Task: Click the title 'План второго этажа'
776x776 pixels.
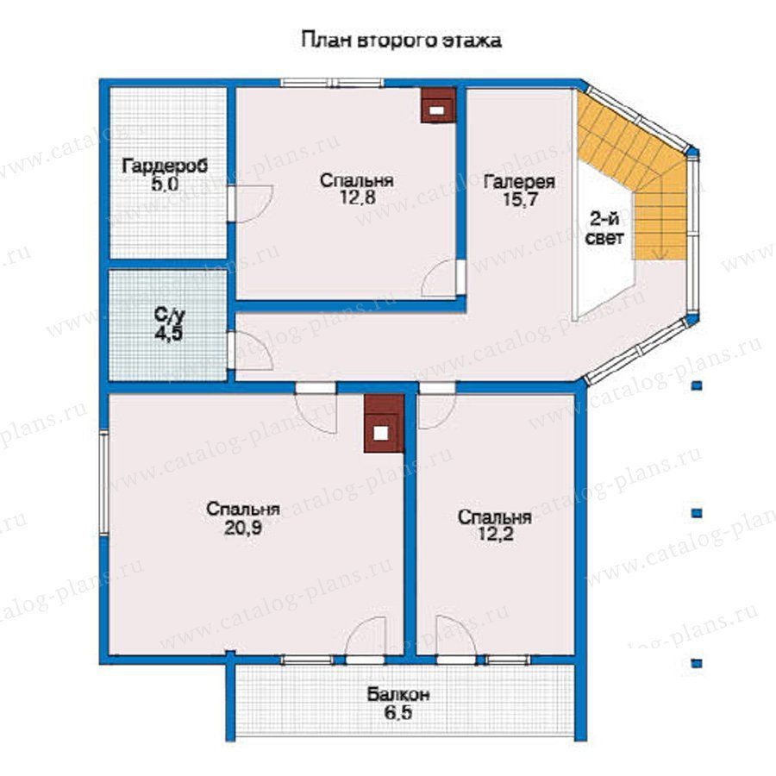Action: click(x=401, y=40)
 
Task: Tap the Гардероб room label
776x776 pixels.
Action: click(x=165, y=166)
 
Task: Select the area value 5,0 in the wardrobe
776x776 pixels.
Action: click(x=165, y=185)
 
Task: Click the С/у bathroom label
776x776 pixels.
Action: click(x=169, y=314)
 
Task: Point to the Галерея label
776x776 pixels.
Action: click(x=519, y=182)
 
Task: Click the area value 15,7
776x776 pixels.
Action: click(x=520, y=200)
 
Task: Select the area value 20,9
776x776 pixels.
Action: click(x=242, y=528)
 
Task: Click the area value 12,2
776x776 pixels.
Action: click(x=494, y=535)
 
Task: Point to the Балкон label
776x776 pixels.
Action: click(x=398, y=694)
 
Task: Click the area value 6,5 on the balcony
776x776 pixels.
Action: click(x=398, y=713)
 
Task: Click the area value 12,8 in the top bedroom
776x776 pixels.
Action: click(x=357, y=197)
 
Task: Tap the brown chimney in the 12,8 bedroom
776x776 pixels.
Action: click(x=437, y=105)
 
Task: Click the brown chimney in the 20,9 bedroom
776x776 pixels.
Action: click(x=384, y=423)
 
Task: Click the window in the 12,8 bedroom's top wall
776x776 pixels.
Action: click(x=332, y=82)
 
